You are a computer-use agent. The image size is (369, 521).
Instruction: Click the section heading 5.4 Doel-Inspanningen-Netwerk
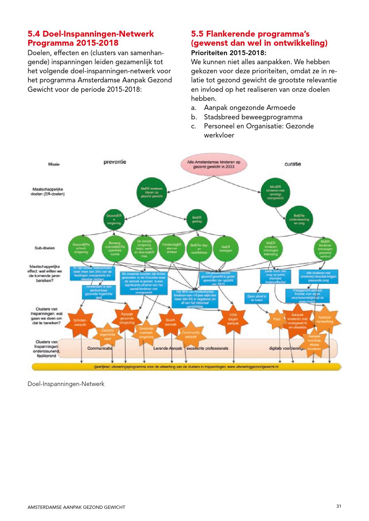[x=91, y=34]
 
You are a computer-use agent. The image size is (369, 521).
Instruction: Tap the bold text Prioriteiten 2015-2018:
[x=229, y=53]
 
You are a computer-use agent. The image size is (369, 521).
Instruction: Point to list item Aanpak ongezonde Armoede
[x=250, y=108]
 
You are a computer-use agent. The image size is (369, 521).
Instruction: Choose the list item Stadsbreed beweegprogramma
[x=253, y=117]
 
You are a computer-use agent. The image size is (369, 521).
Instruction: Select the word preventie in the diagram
[x=115, y=162]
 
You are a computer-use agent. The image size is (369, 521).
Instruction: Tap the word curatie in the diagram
[x=293, y=164]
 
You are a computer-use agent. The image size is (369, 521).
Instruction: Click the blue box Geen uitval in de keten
[x=257, y=298]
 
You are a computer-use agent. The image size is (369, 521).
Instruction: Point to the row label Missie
[x=54, y=164]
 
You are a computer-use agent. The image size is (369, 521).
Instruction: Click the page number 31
[x=338, y=506]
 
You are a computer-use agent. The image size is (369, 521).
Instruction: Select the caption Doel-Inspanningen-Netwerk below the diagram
[x=66, y=384]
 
